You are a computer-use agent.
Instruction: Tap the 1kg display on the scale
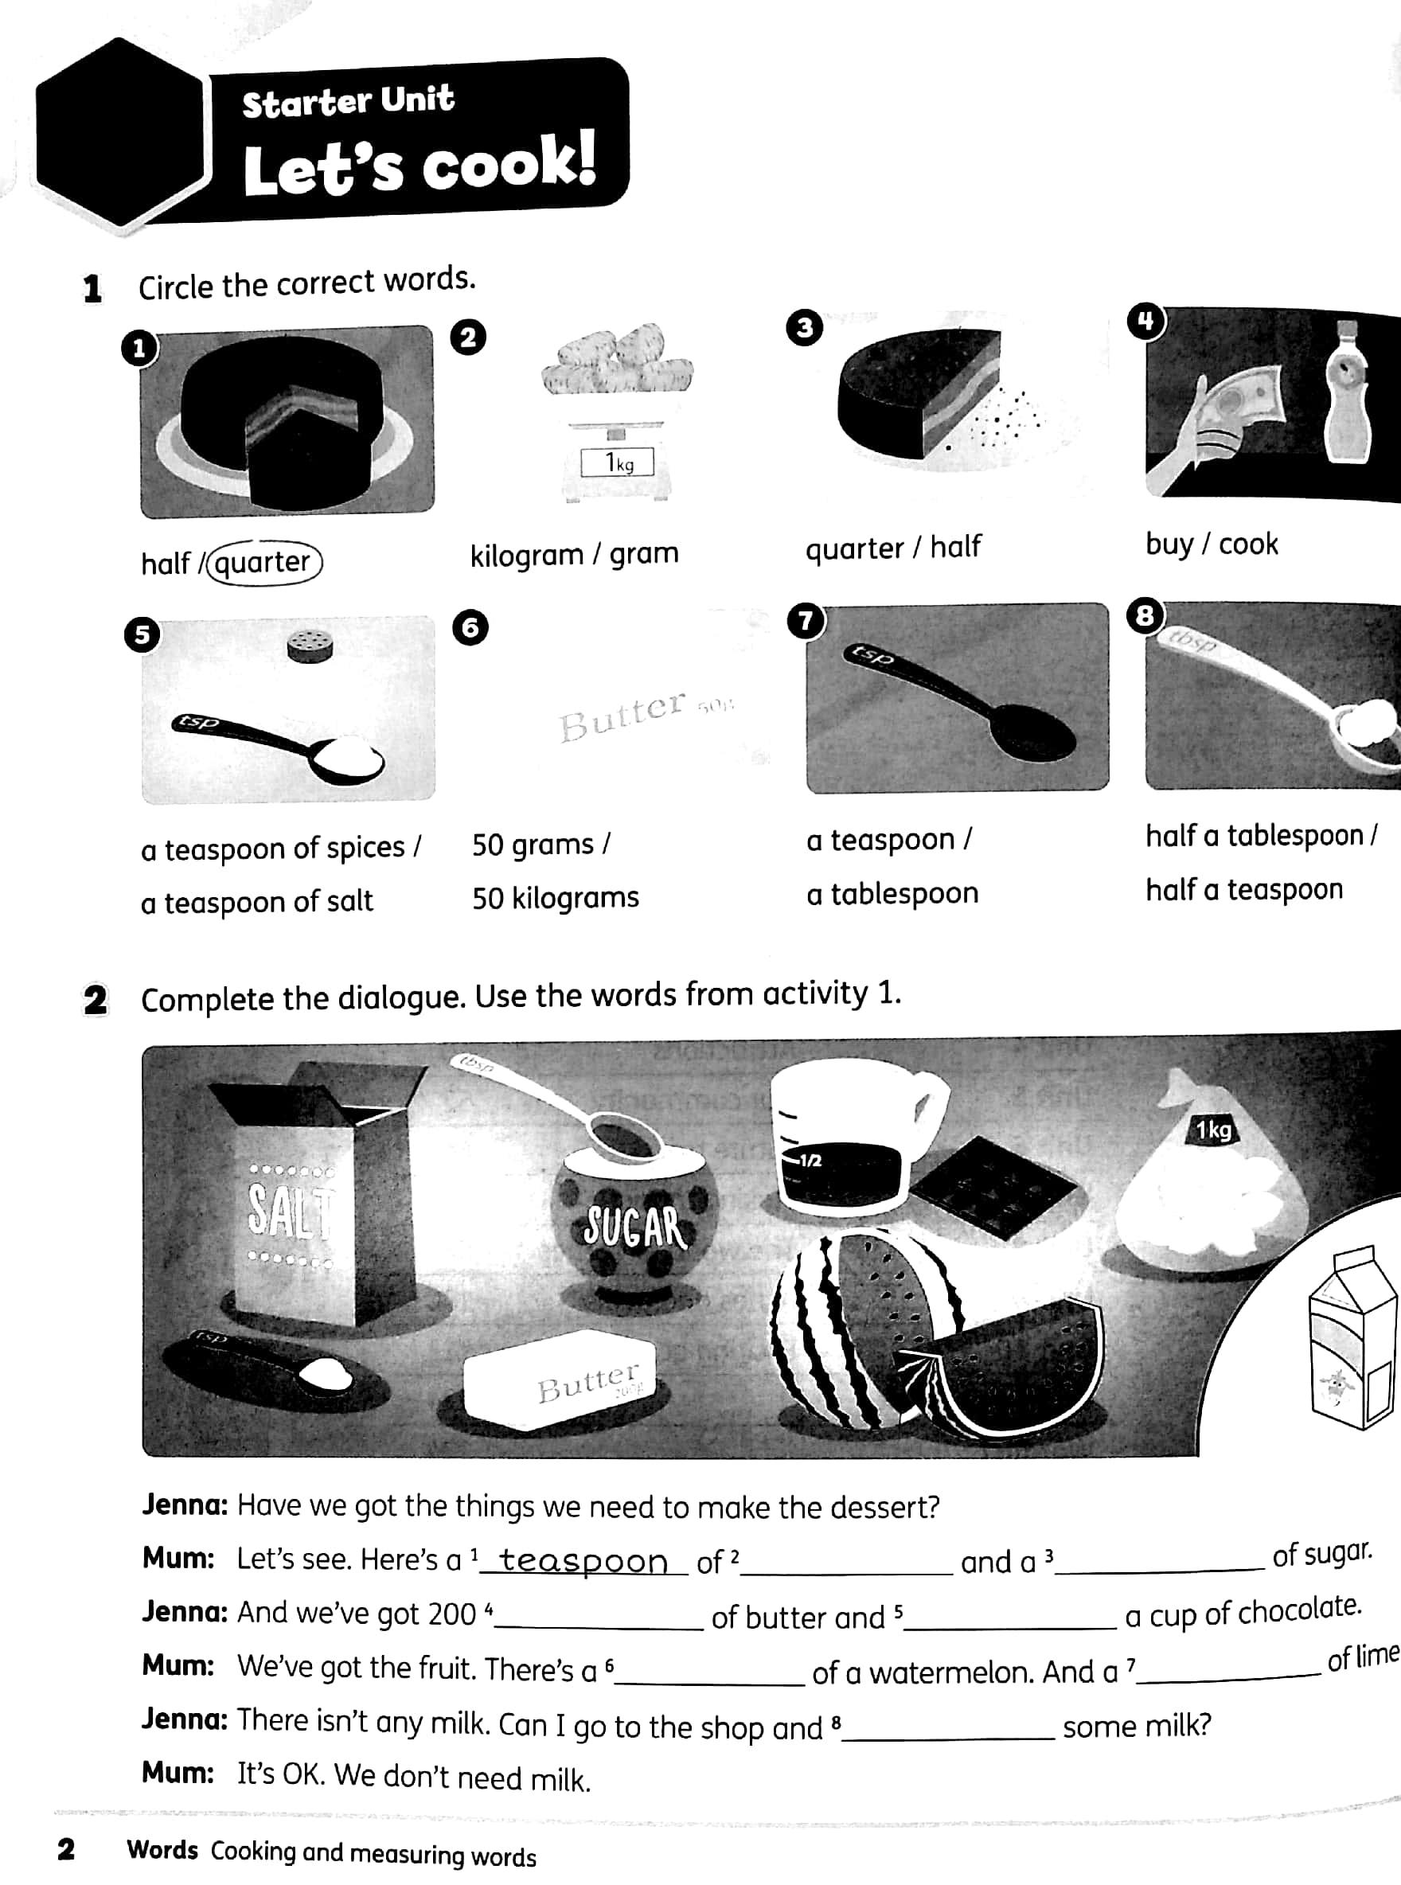618,463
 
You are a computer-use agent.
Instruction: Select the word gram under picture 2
644,553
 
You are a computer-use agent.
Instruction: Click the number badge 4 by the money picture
1145,322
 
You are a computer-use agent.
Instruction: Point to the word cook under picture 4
1247,544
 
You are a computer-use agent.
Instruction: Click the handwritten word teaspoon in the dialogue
583,1560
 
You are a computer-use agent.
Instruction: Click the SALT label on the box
290,1209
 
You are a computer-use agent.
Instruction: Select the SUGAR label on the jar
634,1226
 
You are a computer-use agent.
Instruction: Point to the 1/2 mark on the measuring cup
808,1160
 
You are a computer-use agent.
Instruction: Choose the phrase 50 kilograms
556,897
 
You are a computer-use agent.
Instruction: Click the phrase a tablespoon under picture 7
892,893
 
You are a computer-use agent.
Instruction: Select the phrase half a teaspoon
1244,888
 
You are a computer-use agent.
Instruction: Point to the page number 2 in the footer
66,1848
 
